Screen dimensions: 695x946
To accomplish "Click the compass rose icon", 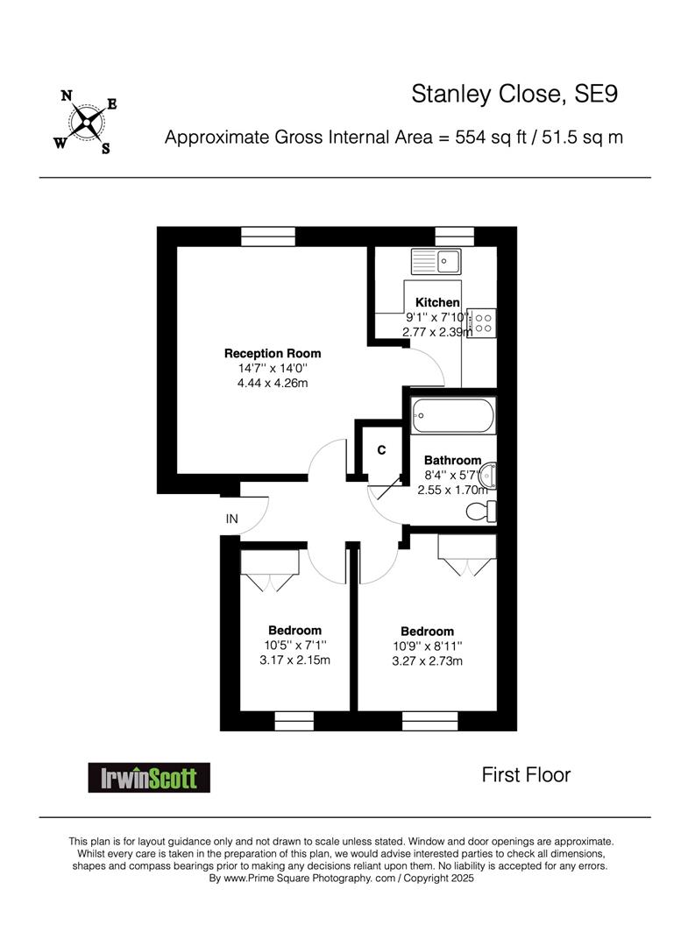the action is coord(86,122).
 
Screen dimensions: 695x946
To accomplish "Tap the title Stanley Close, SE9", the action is coord(514,94).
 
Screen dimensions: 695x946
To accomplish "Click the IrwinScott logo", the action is coord(149,778).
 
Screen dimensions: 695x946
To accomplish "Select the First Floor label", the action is coord(526,774).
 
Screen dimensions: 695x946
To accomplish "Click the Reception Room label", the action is coord(273,354).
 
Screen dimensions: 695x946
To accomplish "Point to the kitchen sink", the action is coord(436,261).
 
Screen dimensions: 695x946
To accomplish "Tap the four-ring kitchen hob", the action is coord(481,323).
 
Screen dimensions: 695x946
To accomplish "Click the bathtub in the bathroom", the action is coord(453,415).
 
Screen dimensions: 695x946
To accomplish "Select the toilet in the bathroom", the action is coord(481,512).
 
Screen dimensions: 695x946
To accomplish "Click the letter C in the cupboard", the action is coord(381,450).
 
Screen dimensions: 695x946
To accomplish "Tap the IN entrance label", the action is coord(232,519).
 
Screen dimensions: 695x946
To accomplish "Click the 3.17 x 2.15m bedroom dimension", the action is coord(294,660).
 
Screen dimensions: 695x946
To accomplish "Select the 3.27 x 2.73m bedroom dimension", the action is coord(428,661).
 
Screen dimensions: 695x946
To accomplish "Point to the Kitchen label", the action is coord(437,302).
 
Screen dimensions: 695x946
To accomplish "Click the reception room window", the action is coord(268,236).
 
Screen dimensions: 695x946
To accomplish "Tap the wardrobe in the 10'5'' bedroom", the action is coord(270,569).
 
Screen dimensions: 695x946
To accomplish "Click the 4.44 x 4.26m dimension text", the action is coord(273,383).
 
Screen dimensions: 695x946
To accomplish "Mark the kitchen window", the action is coord(455,236).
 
